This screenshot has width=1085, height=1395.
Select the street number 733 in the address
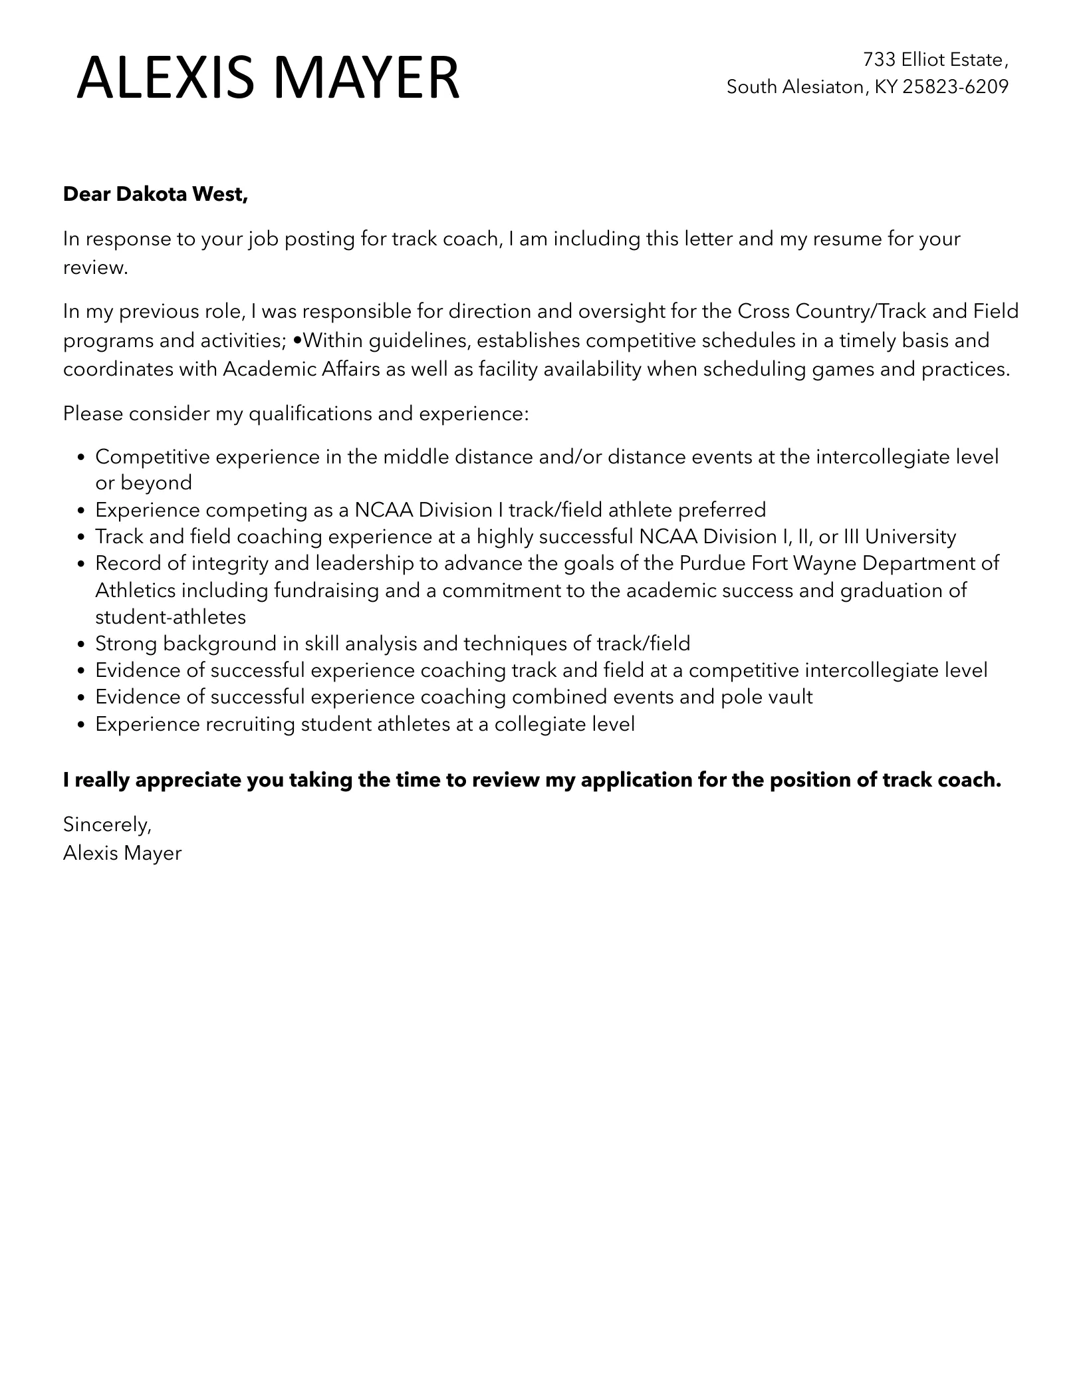879,60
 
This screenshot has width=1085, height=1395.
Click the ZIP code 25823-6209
955,87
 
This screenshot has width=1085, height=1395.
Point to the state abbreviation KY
885,87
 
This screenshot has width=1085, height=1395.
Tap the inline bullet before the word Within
297,340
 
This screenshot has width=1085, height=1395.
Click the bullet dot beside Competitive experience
81,458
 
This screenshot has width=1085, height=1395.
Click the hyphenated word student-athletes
170,617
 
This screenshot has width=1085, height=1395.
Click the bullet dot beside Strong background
81,644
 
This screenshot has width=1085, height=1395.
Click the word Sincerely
107,824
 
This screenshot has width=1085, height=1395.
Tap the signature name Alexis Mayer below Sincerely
122,853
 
